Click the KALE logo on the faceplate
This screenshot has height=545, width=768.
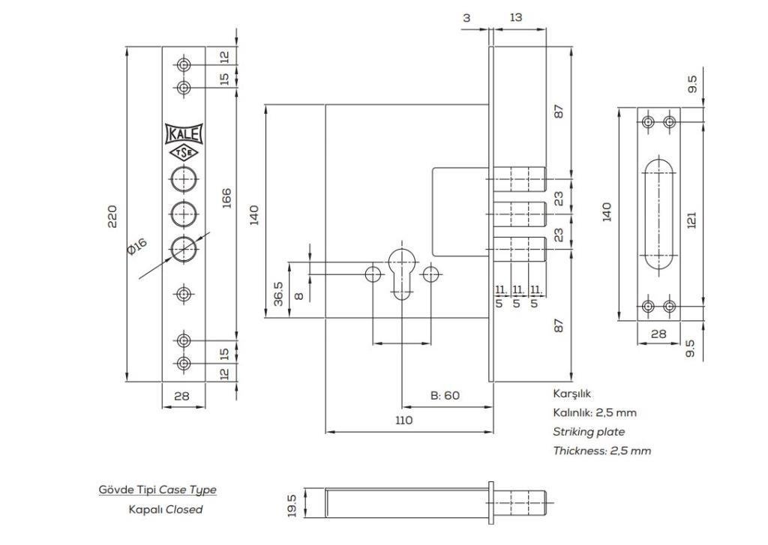coord(184,134)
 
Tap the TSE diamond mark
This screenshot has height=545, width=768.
coord(184,153)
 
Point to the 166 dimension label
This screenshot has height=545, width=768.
coord(226,198)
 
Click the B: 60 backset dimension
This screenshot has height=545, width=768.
coord(445,396)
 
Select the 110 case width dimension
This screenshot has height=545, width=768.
coord(403,421)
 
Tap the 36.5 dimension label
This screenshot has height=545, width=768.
coord(278,294)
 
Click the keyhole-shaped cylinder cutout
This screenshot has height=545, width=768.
coord(403,272)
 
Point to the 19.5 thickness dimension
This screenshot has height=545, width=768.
coord(292,505)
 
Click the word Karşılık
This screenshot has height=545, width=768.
coord(573,394)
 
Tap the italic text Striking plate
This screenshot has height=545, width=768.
coord(589,432)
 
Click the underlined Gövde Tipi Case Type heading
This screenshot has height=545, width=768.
coord(157,490)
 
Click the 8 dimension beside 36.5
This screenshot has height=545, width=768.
coord(298,295)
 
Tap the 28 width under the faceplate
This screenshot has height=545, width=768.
coord(182,396)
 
